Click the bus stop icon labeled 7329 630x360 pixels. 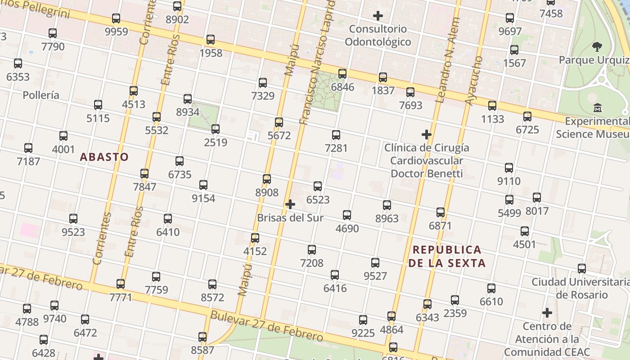(x=263, y=83)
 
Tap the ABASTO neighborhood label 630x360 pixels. (x=104, y=157)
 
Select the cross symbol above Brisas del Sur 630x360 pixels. (x=290, y=205)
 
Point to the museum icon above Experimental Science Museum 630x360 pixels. (x=598, y=108)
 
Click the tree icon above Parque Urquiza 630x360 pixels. (x=597, y=46)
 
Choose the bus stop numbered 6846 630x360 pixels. (x=342, y=74)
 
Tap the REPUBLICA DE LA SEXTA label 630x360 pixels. (x=447, y=256)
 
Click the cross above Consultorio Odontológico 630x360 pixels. (x=378, y=16)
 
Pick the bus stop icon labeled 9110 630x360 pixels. (x=509, y=168)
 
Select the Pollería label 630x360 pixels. (x=41, y=95)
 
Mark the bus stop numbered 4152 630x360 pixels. (x=255, y=238)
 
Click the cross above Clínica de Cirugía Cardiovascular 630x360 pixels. (x=427, y=135)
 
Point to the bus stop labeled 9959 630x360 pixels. (x=116, y=19)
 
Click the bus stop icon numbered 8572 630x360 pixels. (x=212, y=284)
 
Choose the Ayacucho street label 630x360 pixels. (x=474, y=81)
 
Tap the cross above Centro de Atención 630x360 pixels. (x=547, y=313)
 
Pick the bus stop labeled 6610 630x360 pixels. (x=491, y=288)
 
